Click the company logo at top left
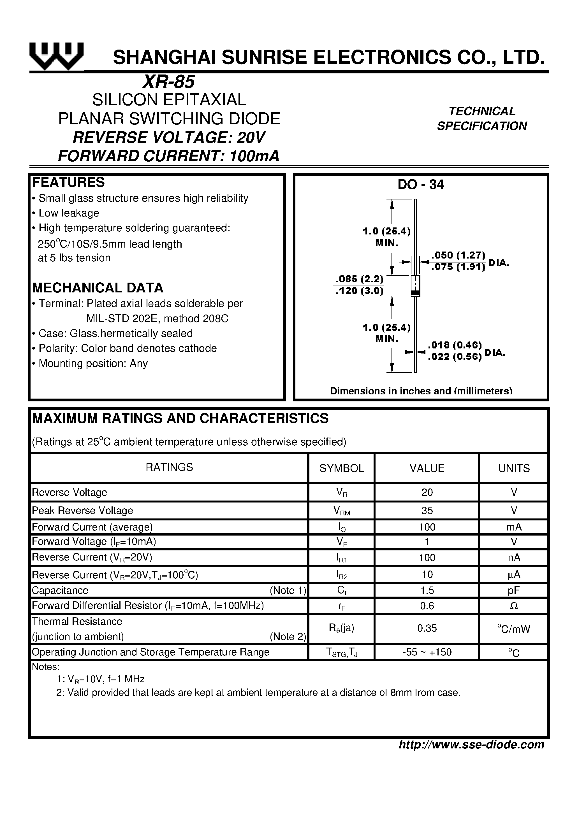pos(56,56)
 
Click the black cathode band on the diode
pos(415,294)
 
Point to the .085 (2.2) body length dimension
pos(359,279)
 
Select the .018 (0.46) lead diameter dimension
pos(455,345)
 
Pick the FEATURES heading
pos(69,182)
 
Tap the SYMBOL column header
pos(342,468)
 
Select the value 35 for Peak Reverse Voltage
pos(427,510)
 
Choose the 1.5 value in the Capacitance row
pos(427,590)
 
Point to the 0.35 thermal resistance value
pos(427,628)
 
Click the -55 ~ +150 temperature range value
pos(427,652)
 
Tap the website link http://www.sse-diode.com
pos(471,744)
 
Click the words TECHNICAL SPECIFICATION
pos(482,118)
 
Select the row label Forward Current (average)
pos(92,527)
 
